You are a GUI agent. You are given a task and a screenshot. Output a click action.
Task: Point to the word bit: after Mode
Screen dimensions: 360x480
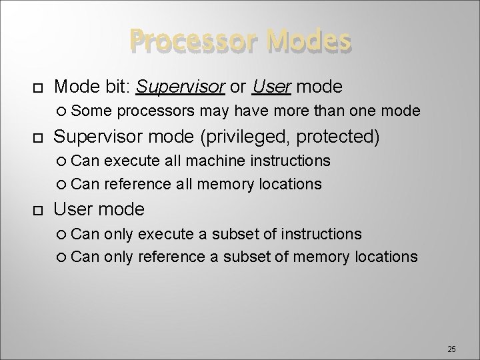click(x=114, y=86)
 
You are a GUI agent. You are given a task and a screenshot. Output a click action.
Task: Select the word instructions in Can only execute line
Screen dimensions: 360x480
click(x=322, y=234)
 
